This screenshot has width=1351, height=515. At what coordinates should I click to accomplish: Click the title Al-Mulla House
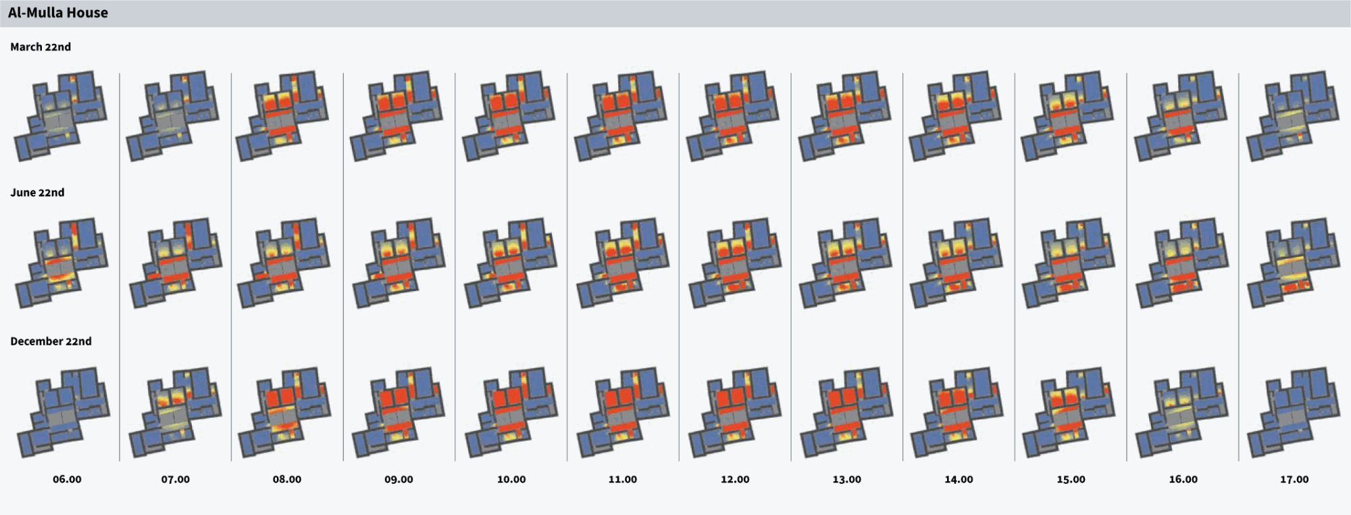click(58, 13)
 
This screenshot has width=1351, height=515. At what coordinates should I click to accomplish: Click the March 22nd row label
click(41, 47)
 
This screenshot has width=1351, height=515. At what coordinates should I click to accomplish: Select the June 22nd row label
click(37, 193)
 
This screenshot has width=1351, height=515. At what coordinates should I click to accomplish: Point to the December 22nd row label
click(51, 341)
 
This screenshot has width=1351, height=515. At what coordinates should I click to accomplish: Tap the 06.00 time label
click(67, 479)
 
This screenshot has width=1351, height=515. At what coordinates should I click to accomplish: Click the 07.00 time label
click(175, 479)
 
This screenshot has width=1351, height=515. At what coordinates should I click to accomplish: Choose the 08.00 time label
click(287, 479)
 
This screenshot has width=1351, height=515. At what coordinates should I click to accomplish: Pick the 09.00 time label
click(399, 479)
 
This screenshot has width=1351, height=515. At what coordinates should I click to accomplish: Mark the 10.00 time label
click(511, 479)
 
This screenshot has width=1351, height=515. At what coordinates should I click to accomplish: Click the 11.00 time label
click(623, 479)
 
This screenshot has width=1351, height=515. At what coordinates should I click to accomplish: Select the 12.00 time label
click(735, 479)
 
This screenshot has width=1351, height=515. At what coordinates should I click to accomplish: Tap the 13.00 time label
click(846, 479)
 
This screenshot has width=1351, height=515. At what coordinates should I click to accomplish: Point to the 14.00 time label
click(959, 479)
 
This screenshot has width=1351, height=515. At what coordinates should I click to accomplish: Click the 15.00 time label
click(1071, 479)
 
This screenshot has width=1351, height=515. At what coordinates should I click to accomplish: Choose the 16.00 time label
click(1183, 479)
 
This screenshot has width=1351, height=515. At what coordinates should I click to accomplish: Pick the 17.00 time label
click(1294, 479)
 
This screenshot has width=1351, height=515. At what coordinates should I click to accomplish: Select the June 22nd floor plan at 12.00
click(734, 264)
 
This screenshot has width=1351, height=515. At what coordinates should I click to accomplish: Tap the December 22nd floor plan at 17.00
click(1294, 412)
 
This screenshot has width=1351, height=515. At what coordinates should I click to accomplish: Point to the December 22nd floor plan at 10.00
click(511, 412)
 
